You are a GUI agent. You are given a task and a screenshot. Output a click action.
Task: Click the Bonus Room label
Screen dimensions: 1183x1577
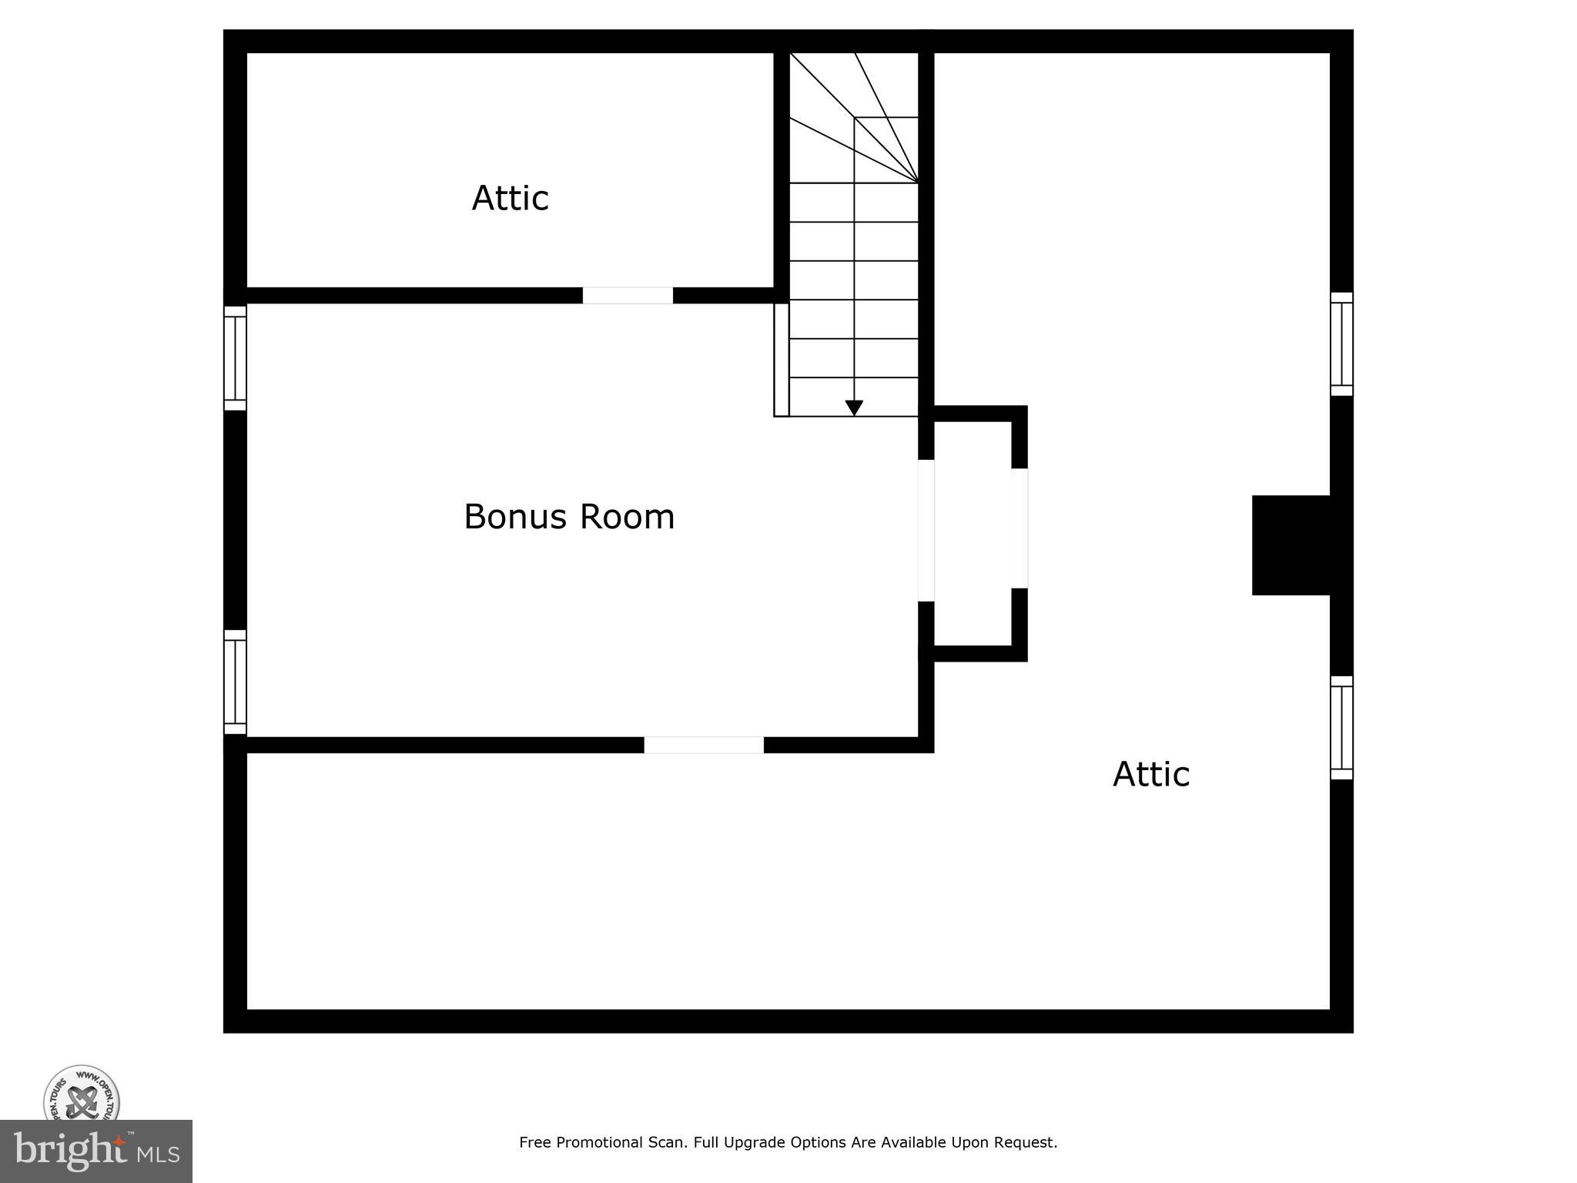pyautogui.click(x=569, y=517)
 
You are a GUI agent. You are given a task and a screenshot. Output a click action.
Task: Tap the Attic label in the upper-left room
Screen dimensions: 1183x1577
pyautogui.click(x=510, y=198)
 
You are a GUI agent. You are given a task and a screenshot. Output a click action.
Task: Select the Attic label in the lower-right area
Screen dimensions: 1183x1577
pyautogui.click(x=1150, y=774)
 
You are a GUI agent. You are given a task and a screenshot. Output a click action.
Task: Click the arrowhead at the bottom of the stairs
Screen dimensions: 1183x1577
pyautogui.click(x=854, y=407)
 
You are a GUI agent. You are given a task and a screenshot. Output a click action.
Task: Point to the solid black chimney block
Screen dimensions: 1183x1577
pyautogui.click(x=1291, y=545)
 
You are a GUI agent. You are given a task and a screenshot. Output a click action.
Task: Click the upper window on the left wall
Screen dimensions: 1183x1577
pyautogui.click(x=235, y=358)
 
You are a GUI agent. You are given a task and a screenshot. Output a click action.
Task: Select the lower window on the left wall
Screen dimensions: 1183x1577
pyautogui.click(x=235, y=682)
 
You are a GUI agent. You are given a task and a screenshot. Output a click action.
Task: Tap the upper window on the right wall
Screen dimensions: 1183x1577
pyautogui.click(x=1341, y=344)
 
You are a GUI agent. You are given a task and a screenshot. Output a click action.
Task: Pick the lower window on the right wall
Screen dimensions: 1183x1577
pyautogui.click(x=1341, y=728)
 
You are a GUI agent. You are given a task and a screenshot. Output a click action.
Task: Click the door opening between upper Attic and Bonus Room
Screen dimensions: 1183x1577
pyautogui.click(x=628, y=296)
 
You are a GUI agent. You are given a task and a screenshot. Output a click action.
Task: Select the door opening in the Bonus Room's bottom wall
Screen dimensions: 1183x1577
pyautogui.click(x=704, y=745)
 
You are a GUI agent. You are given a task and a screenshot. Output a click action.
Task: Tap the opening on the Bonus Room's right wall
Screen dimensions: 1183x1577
pyautogui.click(x=926, y=530)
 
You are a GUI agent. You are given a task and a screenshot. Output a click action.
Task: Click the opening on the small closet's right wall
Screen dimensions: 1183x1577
pyautogui.click(x=1020, y=528)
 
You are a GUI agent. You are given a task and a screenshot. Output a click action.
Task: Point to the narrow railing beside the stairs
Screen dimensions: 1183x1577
pyautogui.click(x=782, y=360)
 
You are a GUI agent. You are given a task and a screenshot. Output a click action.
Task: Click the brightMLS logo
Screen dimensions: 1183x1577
pyautogui.click(x=96, y=1151)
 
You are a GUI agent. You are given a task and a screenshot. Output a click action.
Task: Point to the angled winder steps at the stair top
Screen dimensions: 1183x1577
pyautogui.click(x=855, y=116)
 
